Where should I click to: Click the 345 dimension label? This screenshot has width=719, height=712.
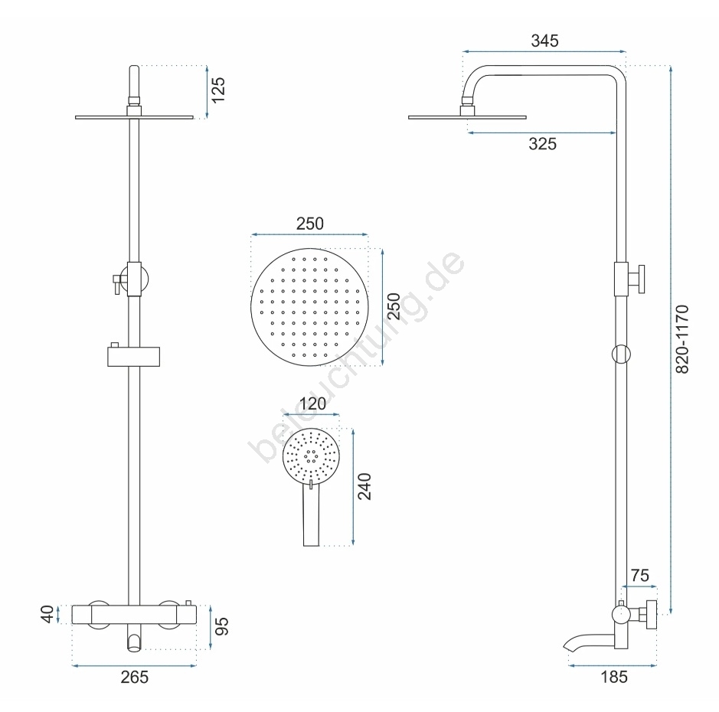point(544,41)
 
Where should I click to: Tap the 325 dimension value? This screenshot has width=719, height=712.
point(542,144)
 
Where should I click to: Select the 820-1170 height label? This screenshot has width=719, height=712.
point(682,340)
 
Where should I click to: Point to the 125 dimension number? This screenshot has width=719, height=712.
point(219,90)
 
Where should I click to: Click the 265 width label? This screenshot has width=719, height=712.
point(134,677)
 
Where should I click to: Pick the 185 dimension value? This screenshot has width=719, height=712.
point(614,677)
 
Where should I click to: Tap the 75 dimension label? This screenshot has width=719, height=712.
point(640,576)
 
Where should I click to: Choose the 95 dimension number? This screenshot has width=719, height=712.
point(221,626)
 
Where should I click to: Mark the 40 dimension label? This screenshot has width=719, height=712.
point(47,614)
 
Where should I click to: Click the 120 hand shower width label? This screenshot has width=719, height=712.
point(312,404)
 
